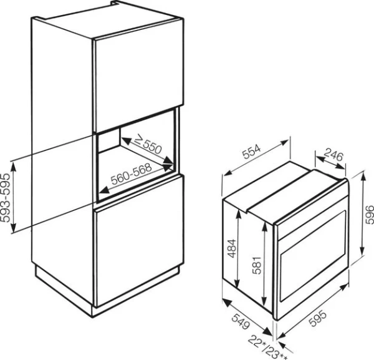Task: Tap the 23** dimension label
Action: [x=272, y=351]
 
